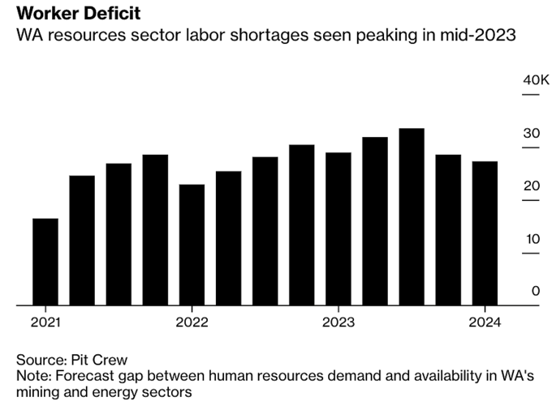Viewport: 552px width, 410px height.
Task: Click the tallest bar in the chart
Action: click(412, 216)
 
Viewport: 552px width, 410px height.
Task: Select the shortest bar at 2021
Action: click(45, 262)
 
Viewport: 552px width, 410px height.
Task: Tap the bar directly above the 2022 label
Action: click(192, 245)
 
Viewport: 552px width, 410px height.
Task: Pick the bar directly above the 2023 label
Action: click(339, 228)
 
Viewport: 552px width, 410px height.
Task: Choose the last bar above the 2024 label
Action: click(485, 233)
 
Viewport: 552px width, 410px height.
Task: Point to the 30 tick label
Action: click(531, 134)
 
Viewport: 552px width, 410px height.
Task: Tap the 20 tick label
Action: click(531, 186)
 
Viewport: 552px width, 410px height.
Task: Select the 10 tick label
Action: click(531, 239)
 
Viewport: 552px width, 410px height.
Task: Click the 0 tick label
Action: click(535, 291)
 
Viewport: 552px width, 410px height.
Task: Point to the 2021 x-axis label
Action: click(45, 322)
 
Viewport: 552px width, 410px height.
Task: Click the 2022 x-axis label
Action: click(192, 322)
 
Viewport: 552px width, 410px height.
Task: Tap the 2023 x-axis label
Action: click(339, 322)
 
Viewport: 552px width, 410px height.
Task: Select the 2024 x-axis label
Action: click(485, 322)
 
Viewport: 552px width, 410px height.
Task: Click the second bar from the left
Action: click(82, 240)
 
